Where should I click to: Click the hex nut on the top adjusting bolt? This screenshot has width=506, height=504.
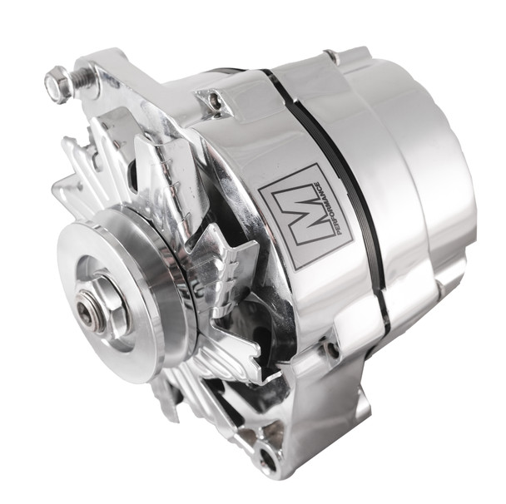tap(57, 84)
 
